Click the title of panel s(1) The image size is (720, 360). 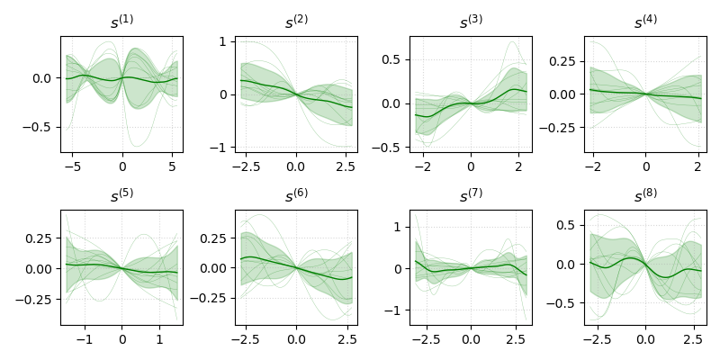pos(121,22)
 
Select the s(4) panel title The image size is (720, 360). pos(644,22)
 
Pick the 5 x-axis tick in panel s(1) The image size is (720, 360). pos(171,166)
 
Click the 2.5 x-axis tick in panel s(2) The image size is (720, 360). pos(345,166)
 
